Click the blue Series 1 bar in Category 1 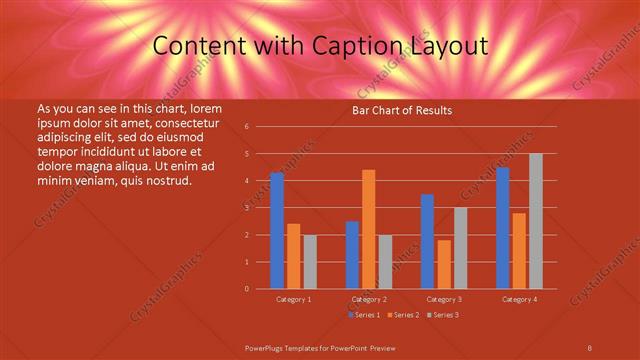point(277,231)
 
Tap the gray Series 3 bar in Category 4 point(536,221)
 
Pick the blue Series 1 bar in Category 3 point(428,241)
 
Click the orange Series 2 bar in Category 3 point(444,264)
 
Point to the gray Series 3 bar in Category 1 point(310,262)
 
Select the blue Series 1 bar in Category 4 point(503,228)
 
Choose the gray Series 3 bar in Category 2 point(385,262)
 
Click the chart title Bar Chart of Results point(402,110)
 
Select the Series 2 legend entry point(402,315)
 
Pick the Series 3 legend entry point(442,315)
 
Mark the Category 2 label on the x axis point(369,299)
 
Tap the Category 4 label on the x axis point(519,299)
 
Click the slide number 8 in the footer point(589,347)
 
